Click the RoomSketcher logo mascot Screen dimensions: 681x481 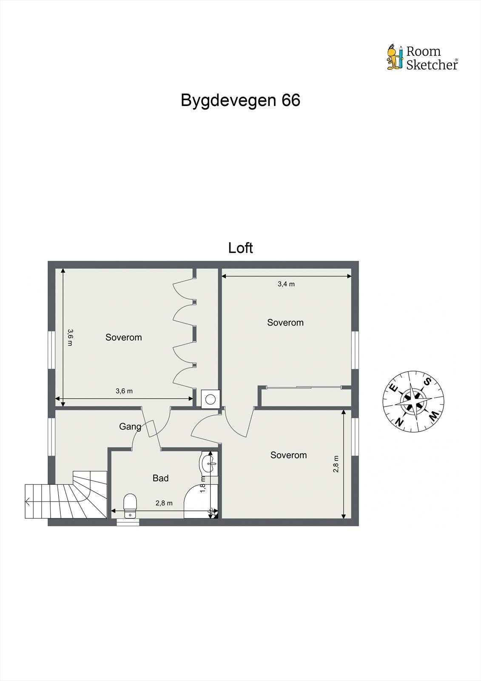pyautogui.click(x=395, y=57)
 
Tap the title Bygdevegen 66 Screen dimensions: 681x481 pyautogui.click(x=240, y=100)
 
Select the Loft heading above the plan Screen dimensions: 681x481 pyautogui.click(x=240, y=248)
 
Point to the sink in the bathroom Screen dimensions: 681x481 pyautogui.click(x=208, y=463)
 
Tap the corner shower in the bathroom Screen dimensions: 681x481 pyautogui.click(x=200, y=502)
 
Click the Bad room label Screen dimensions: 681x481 pyautogui.click(x=160, y=478)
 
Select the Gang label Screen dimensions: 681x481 pyautogui.click(x=130, y=426)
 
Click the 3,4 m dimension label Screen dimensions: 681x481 pyautogui.click(x=286, y=284)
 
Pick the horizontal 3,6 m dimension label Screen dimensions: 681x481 pyautogui.click(x=124, y=391)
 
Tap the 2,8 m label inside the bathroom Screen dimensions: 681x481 pyautogui.click(x=164, y=503)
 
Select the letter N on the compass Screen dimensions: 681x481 pyautogui.click(x=399, y=422)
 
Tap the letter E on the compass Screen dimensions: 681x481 pyautogui.click(x=393, y=388)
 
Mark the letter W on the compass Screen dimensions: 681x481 pyautogui.click(x=433, y=416)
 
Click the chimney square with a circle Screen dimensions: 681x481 pyautogui.click(x=210, y=399)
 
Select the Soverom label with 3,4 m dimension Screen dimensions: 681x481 pyautogui.click(x=285, y=323)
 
